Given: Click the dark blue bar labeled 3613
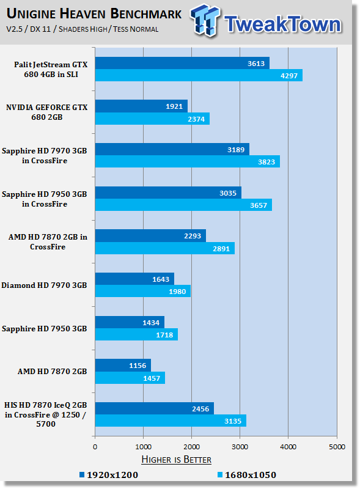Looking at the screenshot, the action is point(182,63).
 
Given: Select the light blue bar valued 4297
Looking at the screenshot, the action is point(199,75).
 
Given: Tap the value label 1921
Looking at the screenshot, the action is point(174,106).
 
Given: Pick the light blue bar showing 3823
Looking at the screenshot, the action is point(188,161).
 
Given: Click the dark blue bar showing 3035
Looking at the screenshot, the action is point(168,193).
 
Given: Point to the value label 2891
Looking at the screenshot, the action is point(221,249).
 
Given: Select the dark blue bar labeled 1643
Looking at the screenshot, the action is point(134,279).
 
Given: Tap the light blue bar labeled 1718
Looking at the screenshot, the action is point(136,334).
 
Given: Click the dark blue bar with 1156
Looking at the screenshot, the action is point(123,365).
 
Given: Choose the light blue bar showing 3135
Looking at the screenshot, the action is point(171,421).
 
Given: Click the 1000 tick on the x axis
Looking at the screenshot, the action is point(143,447).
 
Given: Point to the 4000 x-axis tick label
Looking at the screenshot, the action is point(288,447).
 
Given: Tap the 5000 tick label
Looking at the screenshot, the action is point(337,447).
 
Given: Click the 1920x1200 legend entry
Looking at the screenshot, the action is point(109,475).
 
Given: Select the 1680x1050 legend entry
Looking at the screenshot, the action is point(247,475).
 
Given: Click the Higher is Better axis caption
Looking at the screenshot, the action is point(176,460).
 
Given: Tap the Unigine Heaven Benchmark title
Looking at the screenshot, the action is point(94,13).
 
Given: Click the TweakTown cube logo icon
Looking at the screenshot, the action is point(205,20).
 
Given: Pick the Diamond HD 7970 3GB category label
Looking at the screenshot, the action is point(44,285).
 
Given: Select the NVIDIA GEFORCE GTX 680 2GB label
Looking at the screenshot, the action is point(47,112).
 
